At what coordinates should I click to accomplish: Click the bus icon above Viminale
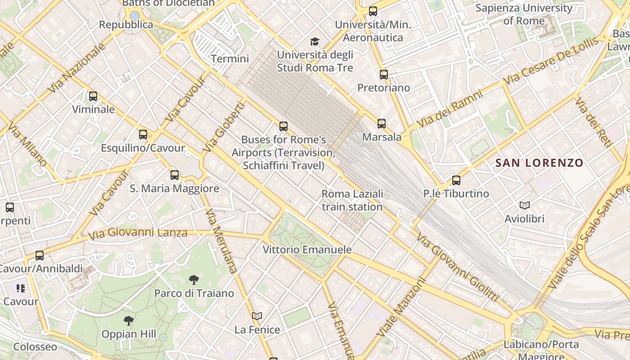pos(93,96)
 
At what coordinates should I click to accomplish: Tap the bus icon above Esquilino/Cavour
pos(143,134)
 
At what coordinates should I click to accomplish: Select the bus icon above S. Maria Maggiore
pos(175,175)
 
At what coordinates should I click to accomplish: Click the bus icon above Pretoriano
pos(383,74)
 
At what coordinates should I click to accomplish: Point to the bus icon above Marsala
pos(382,123)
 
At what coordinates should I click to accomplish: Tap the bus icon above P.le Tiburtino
pos(456,180)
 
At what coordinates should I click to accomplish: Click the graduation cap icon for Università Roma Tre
pos(315,41)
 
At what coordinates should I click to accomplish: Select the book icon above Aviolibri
pos(525,205)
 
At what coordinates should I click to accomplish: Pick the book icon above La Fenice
pos(257,316)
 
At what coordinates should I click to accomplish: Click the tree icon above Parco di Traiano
pos(194,280)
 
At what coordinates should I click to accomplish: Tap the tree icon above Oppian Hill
pos(129,321)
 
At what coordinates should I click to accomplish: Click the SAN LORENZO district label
pos(539,163)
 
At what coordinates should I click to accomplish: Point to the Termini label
pos(230,58)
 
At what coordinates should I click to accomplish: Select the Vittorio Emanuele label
pos(307,249)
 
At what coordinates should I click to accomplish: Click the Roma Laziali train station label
pos(352,200)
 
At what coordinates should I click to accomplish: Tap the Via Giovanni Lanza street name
pos(138,233)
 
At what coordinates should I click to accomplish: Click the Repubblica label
pos(126,25)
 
